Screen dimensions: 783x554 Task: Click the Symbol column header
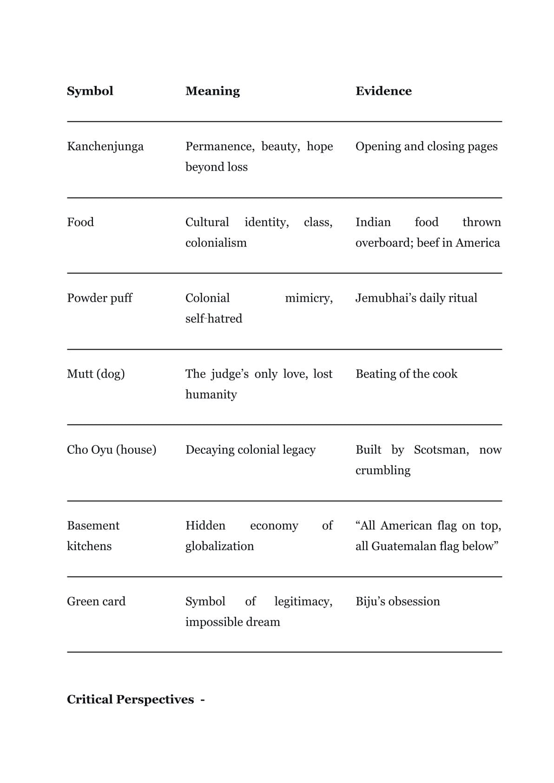pyautogui.click(x=90, y=91)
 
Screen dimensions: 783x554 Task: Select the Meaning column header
pyautogui.click(x=212, y=91)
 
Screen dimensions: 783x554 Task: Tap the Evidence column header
pyautogui.click(x=383, y=91)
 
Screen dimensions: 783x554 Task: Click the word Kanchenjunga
pyautogui.click(x=105, y=146)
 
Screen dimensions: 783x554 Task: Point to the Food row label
pyautogui.click(x=80, y=222)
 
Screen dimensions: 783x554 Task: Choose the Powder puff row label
pyautogui.click(x=99, y=298)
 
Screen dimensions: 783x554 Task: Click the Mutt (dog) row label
pyautogui.click(x=96, y=374)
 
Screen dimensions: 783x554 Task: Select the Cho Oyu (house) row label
pyautogui.click(x=112, y=450)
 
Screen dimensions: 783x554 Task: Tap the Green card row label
pyautogui.click(x=96, y=601)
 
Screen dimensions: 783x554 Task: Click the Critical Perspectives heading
pyautogui.click(x=131, y=700)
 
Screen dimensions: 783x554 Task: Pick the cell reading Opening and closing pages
pyautogui.click(x=426, y=146)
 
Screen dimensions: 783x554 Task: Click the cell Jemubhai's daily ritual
pyautogui.click(x=416, y=298)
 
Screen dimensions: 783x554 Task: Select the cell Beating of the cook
pyautogui.click(x=406, y=374)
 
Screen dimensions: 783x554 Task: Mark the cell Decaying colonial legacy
pyautogui.click(x=251, y=450)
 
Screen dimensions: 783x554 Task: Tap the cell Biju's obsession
pyautogui.click(x=397, y=601)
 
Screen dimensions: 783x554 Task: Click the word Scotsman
pyautogui.click(x=441, y=450)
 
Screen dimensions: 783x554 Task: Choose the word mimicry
pyautogui.click(x=309, y=298)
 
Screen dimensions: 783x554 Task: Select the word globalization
pyautogui.click(x=219, y=546)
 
